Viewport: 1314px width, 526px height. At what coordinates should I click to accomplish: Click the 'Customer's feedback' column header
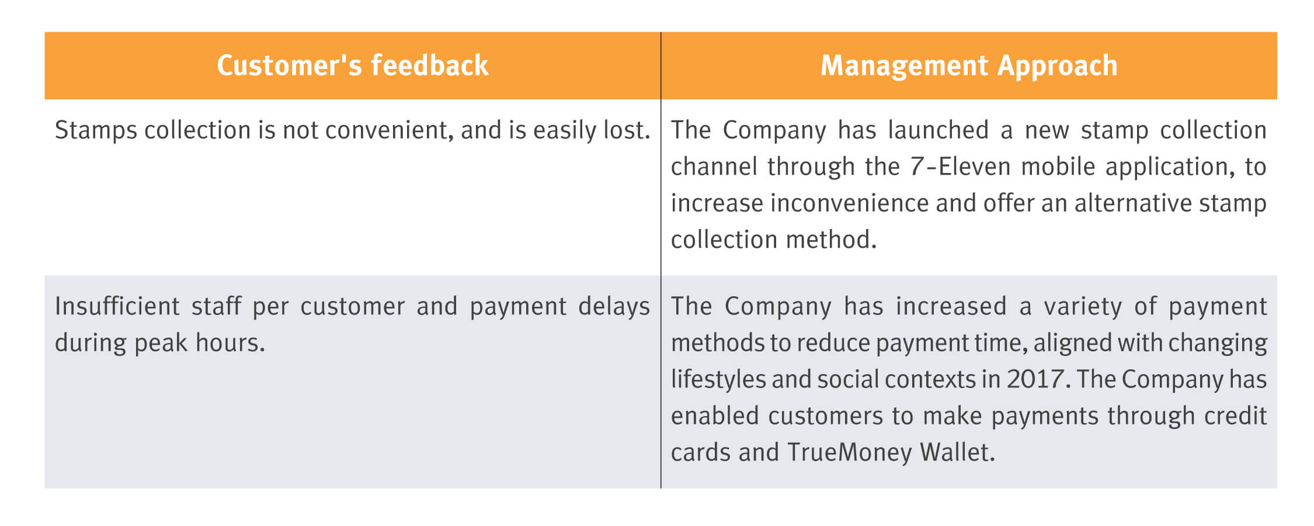(352, 65)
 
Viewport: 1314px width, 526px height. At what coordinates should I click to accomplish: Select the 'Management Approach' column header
(969, 65)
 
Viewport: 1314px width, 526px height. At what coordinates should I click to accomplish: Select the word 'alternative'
(1132, 203)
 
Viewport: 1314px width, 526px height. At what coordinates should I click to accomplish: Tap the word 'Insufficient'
(117, 306)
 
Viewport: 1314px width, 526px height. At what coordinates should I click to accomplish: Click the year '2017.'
(1039, 380)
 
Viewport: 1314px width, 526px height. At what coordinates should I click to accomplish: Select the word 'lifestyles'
(718, 380)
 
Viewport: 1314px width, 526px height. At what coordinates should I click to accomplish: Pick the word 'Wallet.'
(957, 452)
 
